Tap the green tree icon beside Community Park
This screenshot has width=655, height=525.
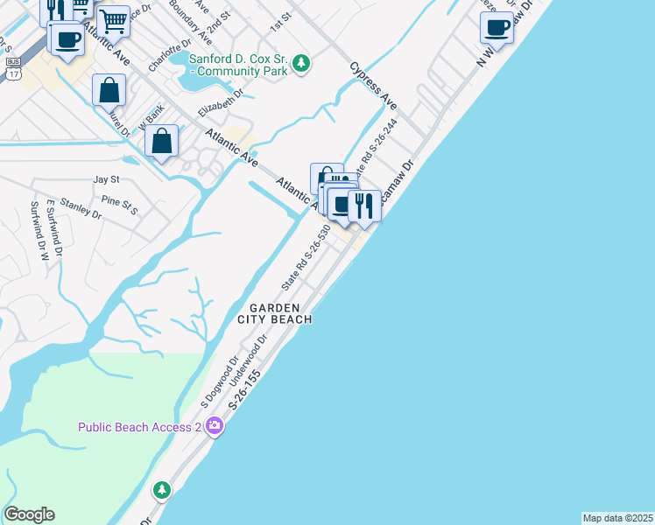pos(301,63)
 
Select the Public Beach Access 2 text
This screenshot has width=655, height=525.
pos(140,427)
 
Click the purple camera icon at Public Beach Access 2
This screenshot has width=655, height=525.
pos(215,427)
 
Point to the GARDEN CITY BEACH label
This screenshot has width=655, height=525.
pos(275,313)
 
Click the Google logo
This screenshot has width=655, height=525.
pos(29,514)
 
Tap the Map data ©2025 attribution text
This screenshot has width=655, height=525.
pos(618,517)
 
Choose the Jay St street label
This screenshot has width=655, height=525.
pos(106,179)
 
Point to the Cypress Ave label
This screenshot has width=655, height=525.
pos(372,85)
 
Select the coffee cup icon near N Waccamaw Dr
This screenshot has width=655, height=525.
pos(497,27)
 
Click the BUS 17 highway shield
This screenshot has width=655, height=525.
pos(13,69)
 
